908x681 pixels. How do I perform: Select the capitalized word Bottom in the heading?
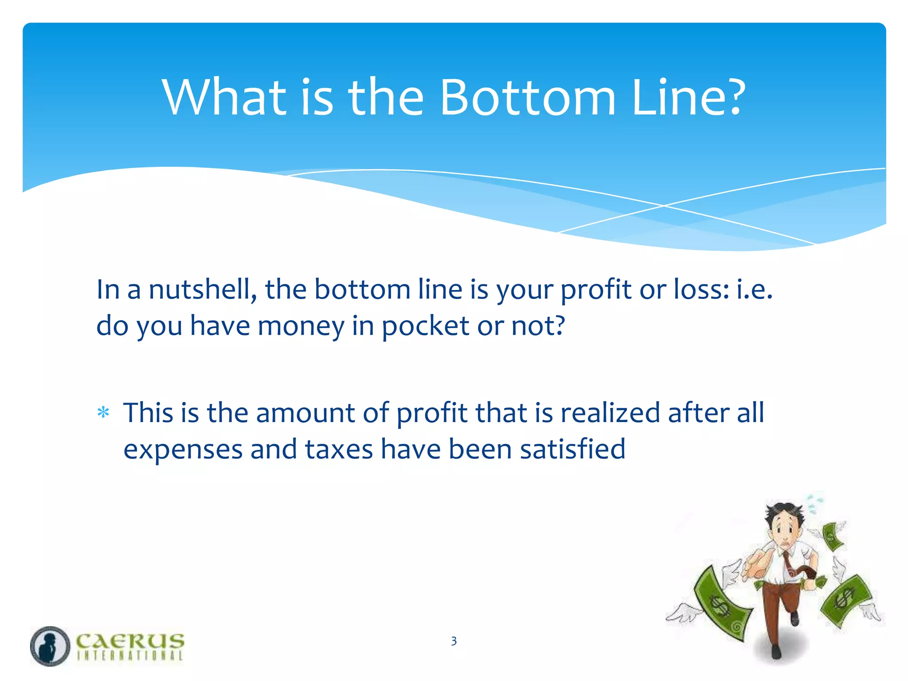[x=528, y=97]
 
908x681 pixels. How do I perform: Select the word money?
[x=301, y=327]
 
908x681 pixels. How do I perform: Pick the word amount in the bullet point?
[x=305, y=413]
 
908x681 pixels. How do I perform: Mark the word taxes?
[x=339, y=450]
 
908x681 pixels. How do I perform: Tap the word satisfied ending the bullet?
[x=572, y=450]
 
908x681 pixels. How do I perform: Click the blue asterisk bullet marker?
[x=103, y=413]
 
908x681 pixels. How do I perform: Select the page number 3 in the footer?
[x=454, y=641]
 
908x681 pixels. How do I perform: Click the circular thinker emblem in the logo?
[x=50, y=646]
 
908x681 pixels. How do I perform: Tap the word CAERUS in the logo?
[x=130, y=641]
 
